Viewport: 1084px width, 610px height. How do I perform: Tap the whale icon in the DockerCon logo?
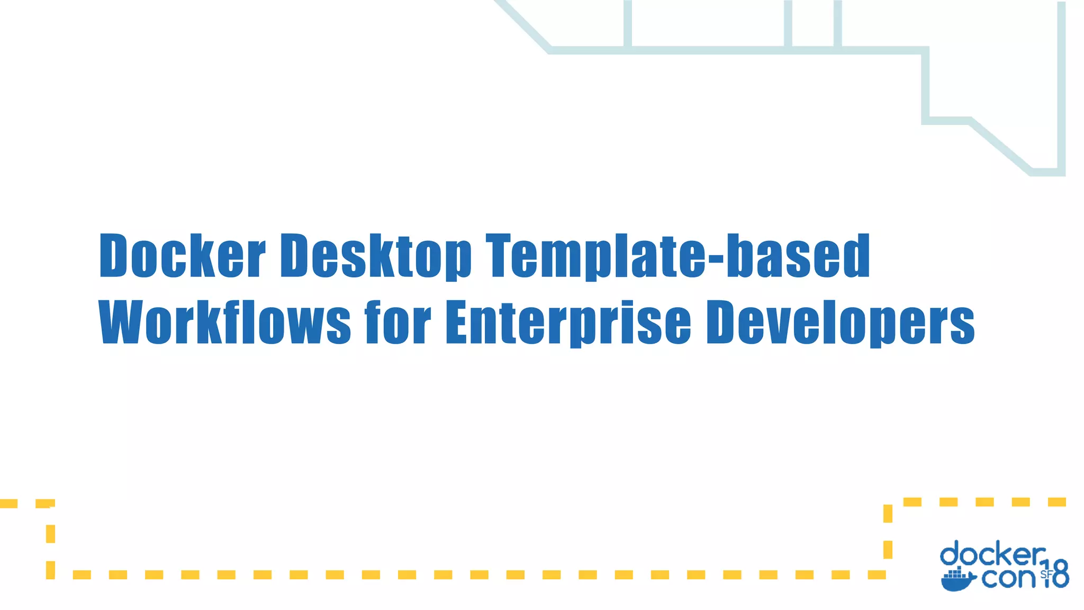957,580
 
